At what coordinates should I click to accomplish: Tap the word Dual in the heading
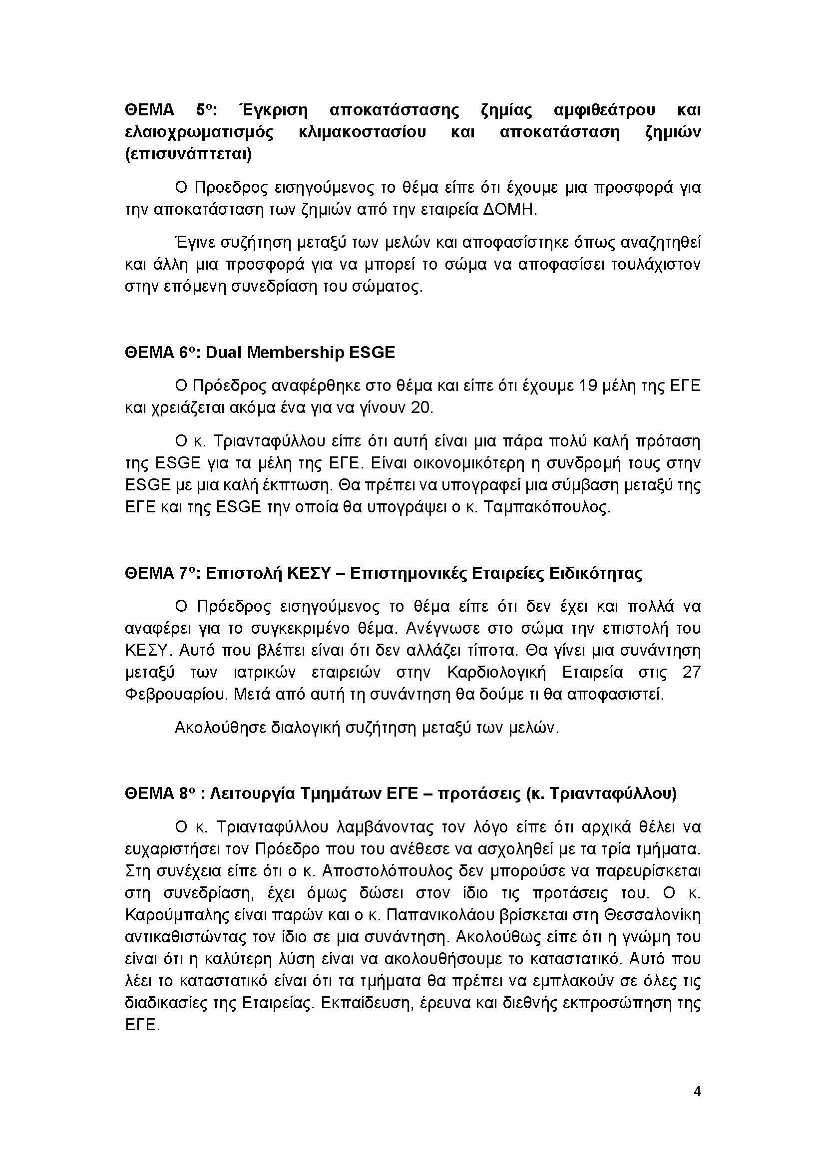tap(223, 353)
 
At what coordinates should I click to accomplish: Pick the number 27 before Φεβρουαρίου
tap(691, 673)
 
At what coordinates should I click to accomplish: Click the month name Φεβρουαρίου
tap(175, 695)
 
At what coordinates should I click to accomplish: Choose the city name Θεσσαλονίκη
tap(653, 916)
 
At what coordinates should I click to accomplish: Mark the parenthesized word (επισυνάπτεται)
tap(188, 154)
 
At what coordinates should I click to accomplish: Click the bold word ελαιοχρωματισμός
tap(199, 132)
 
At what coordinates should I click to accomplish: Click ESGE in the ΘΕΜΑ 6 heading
tap(371, 353)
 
